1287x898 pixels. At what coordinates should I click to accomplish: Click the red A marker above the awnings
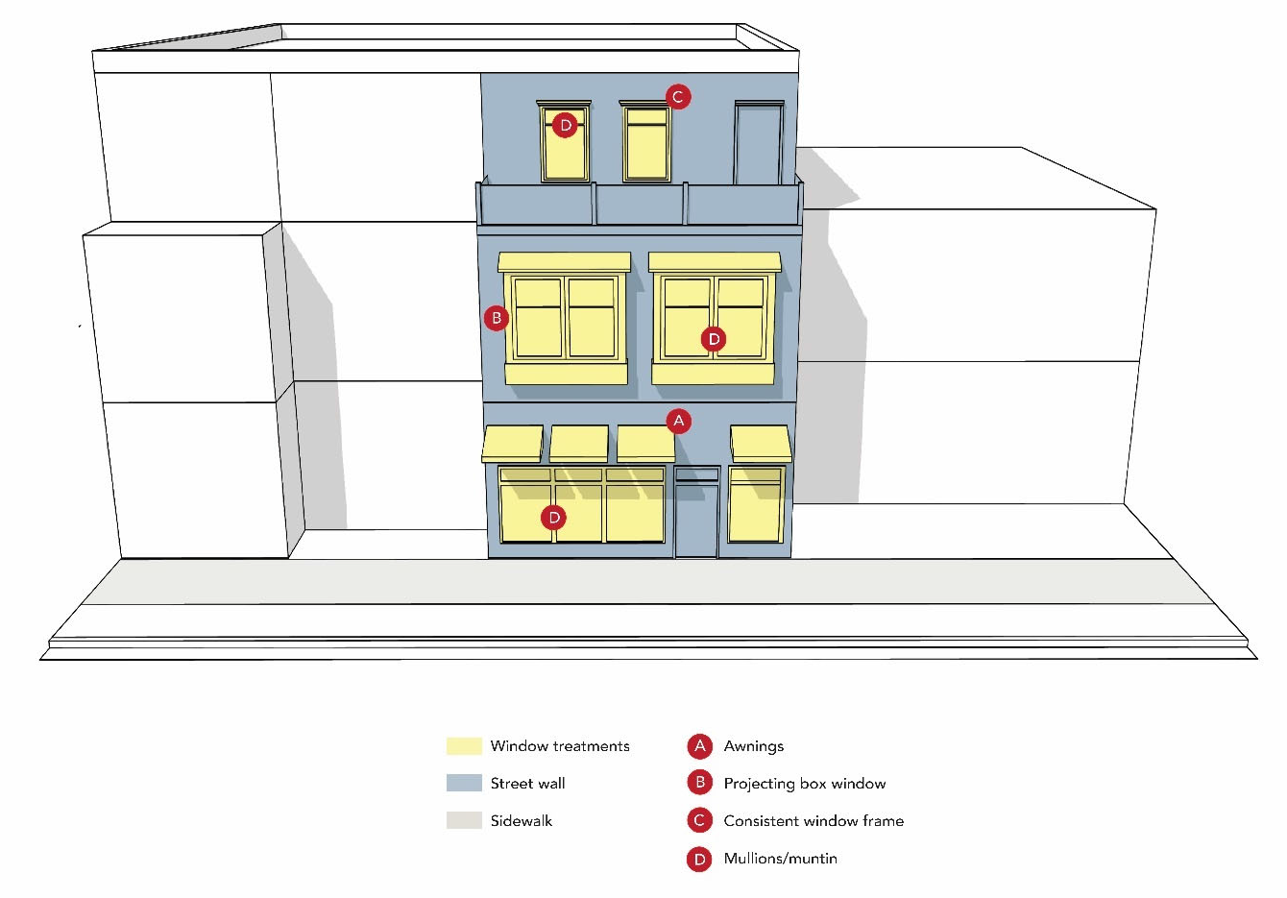[679, 421]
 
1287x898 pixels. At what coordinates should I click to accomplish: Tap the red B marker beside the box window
[497, 318]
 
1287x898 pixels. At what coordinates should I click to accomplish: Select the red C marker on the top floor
[678, 96]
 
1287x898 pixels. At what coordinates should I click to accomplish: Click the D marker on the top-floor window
[565, 125]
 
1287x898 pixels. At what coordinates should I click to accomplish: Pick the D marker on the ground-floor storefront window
[553, 518]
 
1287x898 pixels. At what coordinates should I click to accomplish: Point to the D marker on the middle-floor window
[714, 339]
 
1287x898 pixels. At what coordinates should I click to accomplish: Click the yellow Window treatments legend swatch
[464, 746]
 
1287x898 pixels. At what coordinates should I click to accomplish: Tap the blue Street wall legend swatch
[464, 784]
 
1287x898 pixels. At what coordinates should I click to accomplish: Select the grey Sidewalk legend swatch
[464, 821]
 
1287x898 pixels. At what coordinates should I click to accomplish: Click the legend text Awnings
[753, 746]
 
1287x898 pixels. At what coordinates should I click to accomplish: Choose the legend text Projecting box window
[804, 784]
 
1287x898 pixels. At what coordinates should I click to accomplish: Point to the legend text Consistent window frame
[813, 821]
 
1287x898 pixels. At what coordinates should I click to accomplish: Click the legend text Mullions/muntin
[780, 859]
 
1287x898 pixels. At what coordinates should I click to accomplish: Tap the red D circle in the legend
[700, 859]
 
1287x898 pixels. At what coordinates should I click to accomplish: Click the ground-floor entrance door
[696, 519]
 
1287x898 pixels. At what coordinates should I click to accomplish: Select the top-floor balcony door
[759, 144]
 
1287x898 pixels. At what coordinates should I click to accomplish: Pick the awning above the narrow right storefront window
[761, 444]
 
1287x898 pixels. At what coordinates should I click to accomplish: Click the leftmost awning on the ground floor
[513, 444]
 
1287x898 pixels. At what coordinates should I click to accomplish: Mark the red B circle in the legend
[700, 784]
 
